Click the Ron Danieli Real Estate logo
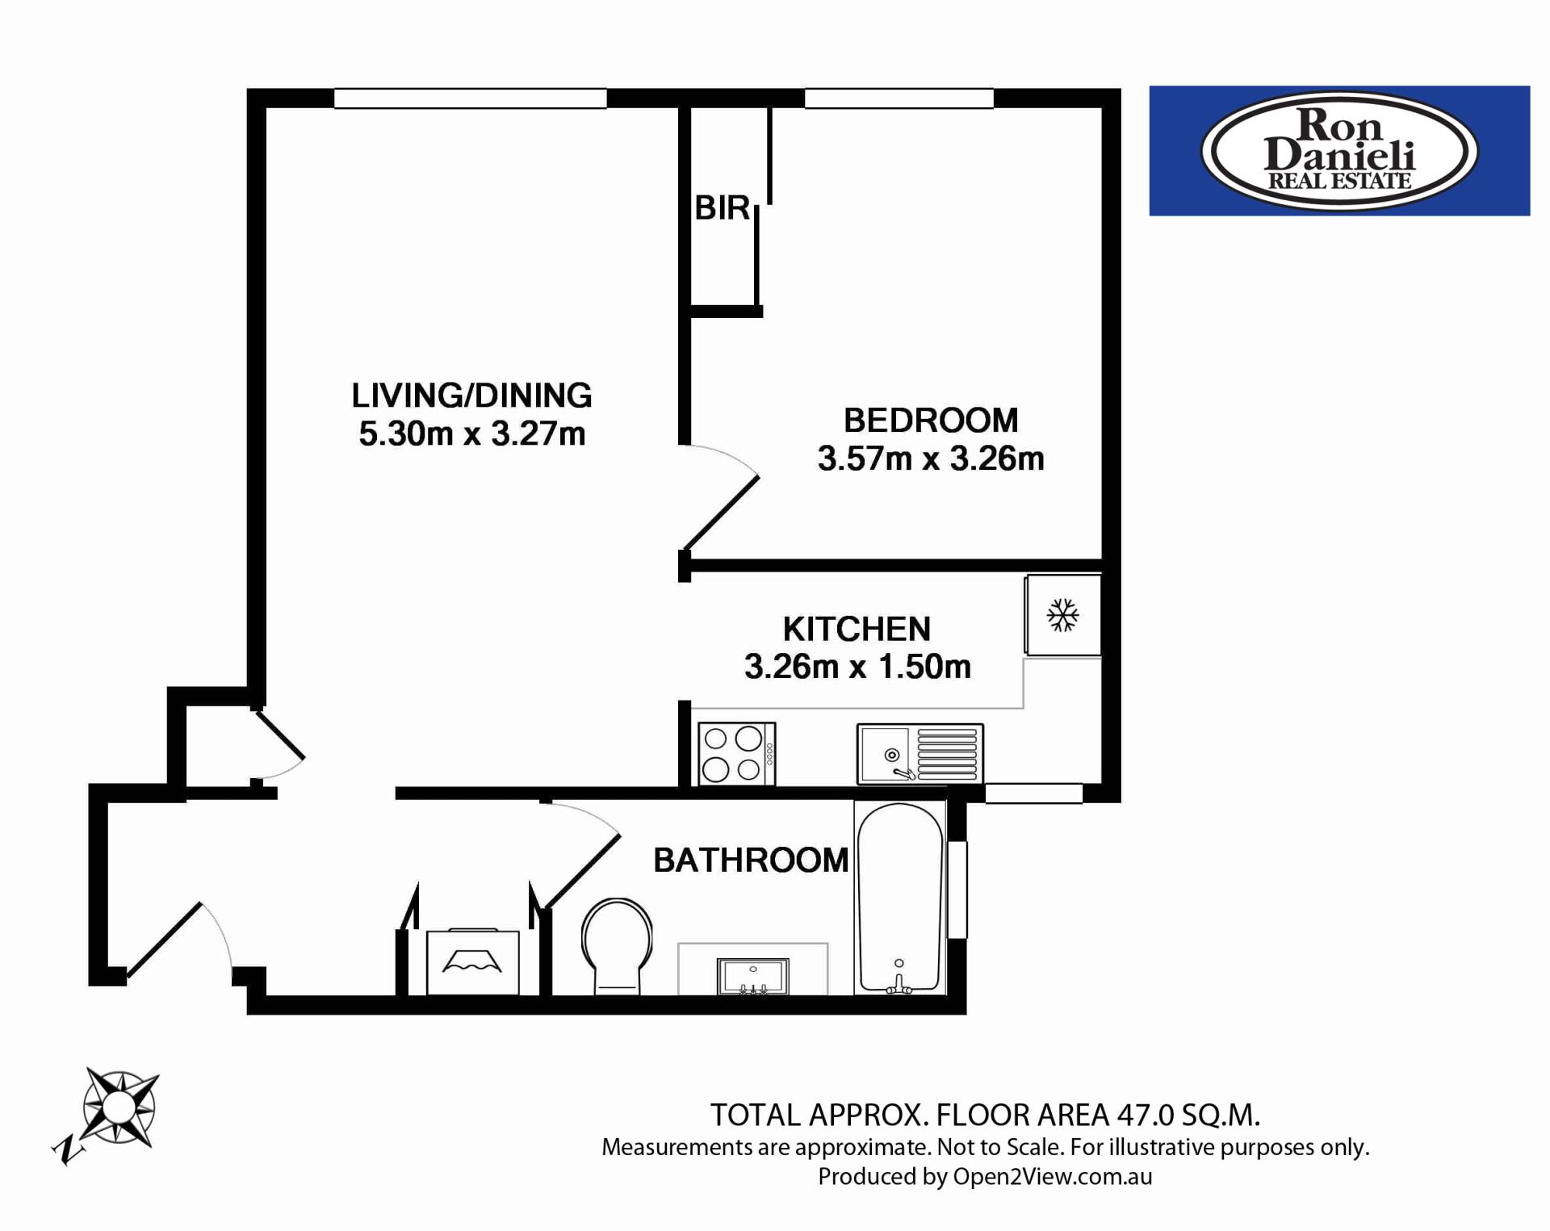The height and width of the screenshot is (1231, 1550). tap(1339, 151)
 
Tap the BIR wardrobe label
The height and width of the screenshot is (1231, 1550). tap(723, 208)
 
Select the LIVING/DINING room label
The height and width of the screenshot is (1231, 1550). tap(472, 396)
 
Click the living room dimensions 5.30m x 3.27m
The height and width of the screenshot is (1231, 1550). tap(472, 434)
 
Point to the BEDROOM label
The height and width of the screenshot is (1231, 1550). tap(931, 421)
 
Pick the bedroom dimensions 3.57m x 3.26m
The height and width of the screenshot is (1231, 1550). tap(931, 458)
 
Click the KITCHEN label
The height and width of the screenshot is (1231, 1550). tap(857, 629)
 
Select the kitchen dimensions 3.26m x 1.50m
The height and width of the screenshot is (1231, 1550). tap(857, 667)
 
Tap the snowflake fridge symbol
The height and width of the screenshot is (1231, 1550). tap(1063, 615)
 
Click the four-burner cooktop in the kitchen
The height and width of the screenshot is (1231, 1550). tap(736, 753)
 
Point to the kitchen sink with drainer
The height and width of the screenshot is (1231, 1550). tap(920, 754)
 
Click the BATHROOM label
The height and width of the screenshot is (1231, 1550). tap(751, 860)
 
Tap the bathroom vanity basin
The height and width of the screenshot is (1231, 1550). tap(752, 977)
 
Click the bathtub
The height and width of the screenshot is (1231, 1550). tap(900, 898)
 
